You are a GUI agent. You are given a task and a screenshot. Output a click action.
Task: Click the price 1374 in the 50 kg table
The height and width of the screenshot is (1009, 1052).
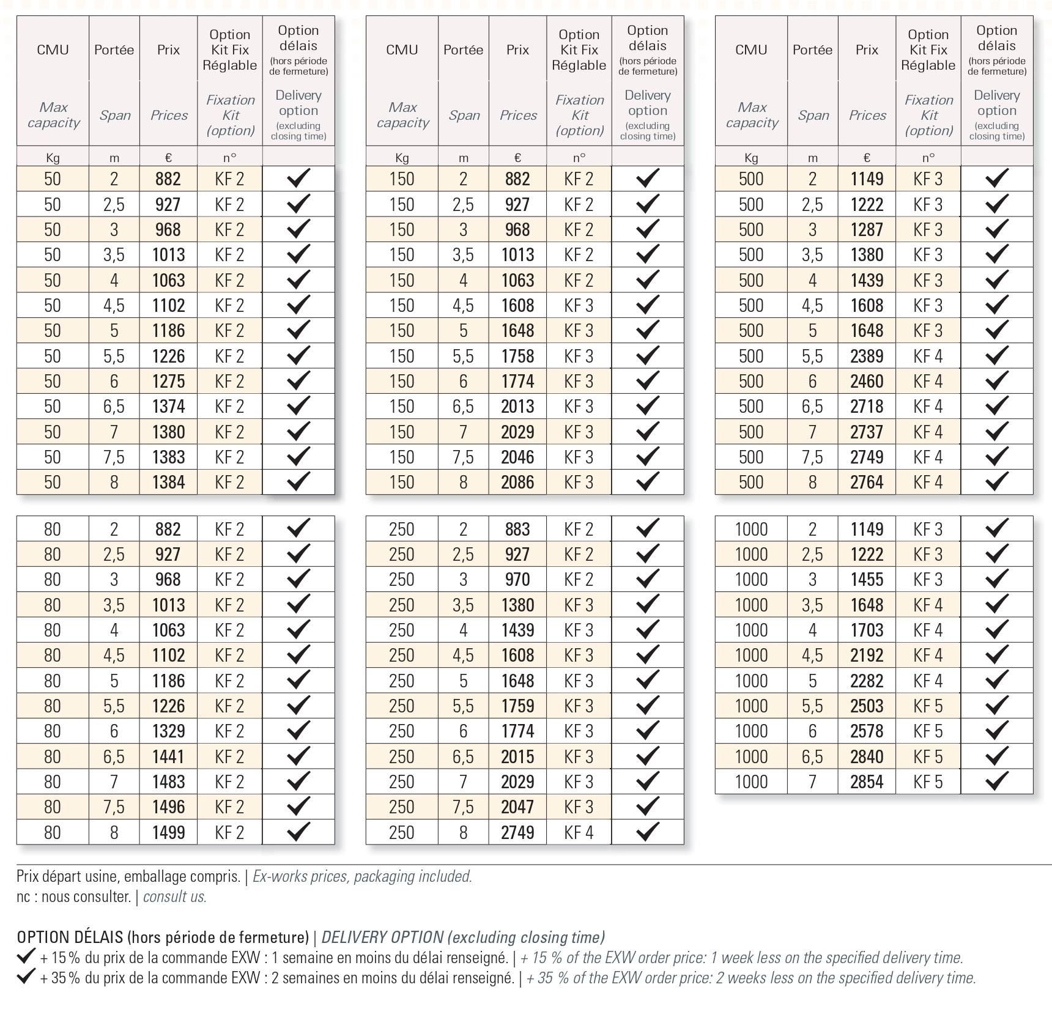click(168, 407)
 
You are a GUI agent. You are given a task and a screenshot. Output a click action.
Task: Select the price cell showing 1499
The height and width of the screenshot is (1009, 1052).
click(168, 832)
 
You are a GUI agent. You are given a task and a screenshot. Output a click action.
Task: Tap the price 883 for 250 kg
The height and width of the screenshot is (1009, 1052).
click(517, 529)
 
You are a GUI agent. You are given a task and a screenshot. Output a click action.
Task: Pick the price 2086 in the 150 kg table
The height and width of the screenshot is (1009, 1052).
click(517, 482)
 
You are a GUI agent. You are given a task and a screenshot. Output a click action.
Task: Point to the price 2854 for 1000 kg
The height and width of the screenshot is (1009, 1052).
click(867, 782)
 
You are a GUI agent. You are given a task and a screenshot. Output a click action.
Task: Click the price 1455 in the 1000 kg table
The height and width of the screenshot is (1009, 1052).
click(867, 579)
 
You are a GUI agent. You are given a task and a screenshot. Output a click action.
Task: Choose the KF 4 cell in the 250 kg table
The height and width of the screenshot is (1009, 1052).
click(579, 832)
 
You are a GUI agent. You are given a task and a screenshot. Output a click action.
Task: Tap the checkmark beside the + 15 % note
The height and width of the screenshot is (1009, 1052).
click(26, 956)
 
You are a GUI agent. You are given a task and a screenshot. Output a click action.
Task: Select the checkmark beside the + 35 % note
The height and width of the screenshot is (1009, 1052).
click(26, 977)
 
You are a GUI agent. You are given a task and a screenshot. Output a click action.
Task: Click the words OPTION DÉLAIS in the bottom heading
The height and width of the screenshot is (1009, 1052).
click(70, 937)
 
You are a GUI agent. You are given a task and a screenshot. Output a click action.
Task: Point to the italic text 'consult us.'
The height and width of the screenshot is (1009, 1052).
click(175, 897)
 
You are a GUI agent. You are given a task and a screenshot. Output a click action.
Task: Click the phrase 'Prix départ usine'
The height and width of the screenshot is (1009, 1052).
click(67, 876)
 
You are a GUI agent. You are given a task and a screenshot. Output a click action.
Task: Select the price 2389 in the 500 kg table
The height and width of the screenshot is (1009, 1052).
click(867, 356)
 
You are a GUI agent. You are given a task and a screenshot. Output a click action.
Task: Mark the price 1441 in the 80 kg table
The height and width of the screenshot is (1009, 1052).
click(168, 756)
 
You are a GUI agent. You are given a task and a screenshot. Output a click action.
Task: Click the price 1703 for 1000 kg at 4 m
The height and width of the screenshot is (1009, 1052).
click(867, 630)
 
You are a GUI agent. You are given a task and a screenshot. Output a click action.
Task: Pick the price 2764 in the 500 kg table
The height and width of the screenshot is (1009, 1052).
click(867, 482)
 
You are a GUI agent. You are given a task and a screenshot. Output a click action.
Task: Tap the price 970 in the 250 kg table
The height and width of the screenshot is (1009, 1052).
click(517, 579)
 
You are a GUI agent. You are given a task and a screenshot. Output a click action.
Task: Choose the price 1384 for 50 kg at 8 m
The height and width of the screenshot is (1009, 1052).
click(168, 482)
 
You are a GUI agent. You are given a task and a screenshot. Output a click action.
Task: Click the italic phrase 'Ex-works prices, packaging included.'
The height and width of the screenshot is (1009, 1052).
click(362, 876)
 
